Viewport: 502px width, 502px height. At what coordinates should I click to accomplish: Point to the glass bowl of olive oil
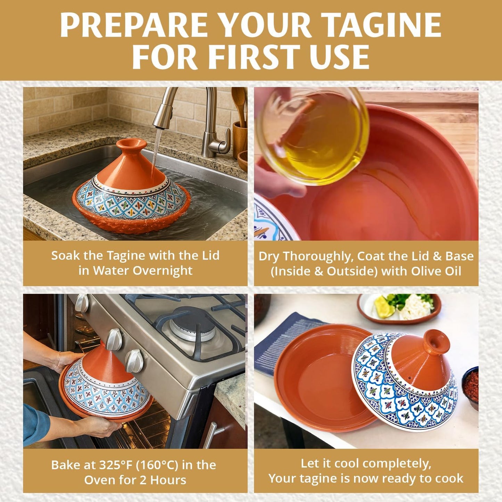click(314, 135)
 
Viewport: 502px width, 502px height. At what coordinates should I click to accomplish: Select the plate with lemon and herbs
click(400, 307)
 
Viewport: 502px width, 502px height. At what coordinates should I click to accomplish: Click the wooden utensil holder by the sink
click(240, 139)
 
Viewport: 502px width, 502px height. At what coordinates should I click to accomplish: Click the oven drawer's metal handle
click(211, 434)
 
